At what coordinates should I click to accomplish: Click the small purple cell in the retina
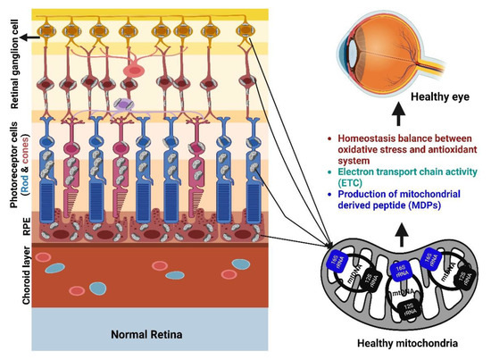123,106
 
